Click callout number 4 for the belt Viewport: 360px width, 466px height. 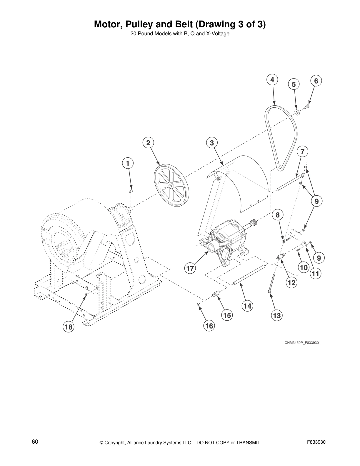pos(272,80)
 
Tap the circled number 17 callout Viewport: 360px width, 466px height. pos(190,268)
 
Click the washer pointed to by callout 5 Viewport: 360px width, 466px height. pos(296,111)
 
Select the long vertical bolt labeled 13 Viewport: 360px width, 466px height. pos(271,282)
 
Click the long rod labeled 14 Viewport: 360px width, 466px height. pos(249,275)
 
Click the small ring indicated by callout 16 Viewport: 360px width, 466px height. pos(198,305)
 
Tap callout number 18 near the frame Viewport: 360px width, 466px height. pos(69,327)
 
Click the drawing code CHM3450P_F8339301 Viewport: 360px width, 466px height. pos(302,343)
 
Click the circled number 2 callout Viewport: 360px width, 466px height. pos(148,143)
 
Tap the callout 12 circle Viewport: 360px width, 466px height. pos(291,283)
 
